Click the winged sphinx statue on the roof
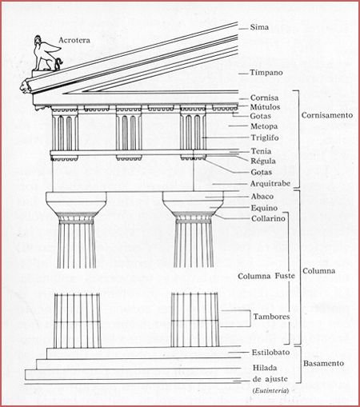47,54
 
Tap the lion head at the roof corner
25,87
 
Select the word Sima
259,27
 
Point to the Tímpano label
266,72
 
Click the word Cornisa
264,98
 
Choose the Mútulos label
265,107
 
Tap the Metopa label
264,126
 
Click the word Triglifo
265,138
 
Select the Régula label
263,161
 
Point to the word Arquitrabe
270,183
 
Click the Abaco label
262,196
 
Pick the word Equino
264,208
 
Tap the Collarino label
268,218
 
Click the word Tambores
271,317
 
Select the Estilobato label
270,352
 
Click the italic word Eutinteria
270,391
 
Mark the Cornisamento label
327,115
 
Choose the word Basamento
323,363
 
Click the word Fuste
285,276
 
